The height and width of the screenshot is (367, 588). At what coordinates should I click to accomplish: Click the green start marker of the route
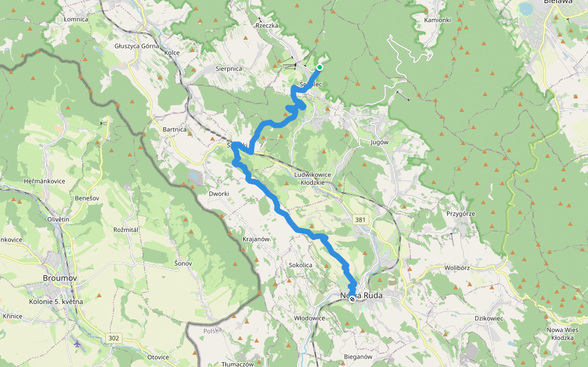(319, 67)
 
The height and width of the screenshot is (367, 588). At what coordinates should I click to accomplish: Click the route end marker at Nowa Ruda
(352, 298)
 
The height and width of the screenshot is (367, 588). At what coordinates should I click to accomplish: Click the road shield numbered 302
(114, 338)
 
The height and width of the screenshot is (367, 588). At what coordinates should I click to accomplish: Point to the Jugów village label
(380, 142)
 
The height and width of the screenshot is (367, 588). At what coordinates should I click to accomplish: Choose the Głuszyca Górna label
(137, 46)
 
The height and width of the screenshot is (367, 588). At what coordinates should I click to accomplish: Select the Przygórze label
(461, 213)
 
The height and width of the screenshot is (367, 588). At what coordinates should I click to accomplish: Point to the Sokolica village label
(301, 265)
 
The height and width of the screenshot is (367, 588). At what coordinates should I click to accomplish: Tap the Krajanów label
(256, 239)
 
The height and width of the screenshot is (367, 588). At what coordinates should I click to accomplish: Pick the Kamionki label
(437, 20)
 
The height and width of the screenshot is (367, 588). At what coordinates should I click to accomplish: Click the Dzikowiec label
(489, 318)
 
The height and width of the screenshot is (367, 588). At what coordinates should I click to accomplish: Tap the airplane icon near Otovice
(77, 344)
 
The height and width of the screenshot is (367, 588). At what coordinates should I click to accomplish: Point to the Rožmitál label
(127, 229)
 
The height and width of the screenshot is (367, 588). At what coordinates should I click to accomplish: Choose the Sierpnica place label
(229, 69)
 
